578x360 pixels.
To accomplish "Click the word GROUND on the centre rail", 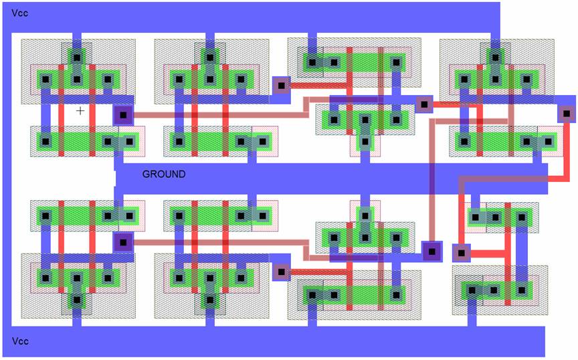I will pos(164,174).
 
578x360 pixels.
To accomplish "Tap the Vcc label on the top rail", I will pos(20,13).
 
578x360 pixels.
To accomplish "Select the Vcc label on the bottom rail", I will pos(20,341).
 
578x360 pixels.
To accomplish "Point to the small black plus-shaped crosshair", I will pos(80,110).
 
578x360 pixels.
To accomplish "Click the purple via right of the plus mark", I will pos(122,115).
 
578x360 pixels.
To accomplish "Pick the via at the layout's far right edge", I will pos(567,113).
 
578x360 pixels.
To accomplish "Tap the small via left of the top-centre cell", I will pos(281,85).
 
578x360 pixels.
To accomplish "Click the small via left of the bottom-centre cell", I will pos(281,272).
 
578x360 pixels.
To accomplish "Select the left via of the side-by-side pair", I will pos(432,252).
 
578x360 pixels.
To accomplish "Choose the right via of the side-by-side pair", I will pos(460,253).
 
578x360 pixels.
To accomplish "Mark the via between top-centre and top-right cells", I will pos(423,104).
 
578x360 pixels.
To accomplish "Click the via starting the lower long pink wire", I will pos(122,242).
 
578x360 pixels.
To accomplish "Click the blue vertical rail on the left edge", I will pos(6,181).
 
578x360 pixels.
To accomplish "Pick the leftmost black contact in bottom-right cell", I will pos(472,290).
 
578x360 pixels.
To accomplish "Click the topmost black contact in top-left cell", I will pos(77,57).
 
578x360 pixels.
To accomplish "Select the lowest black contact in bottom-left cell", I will pos(77,301).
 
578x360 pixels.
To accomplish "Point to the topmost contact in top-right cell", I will pos(495,57).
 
